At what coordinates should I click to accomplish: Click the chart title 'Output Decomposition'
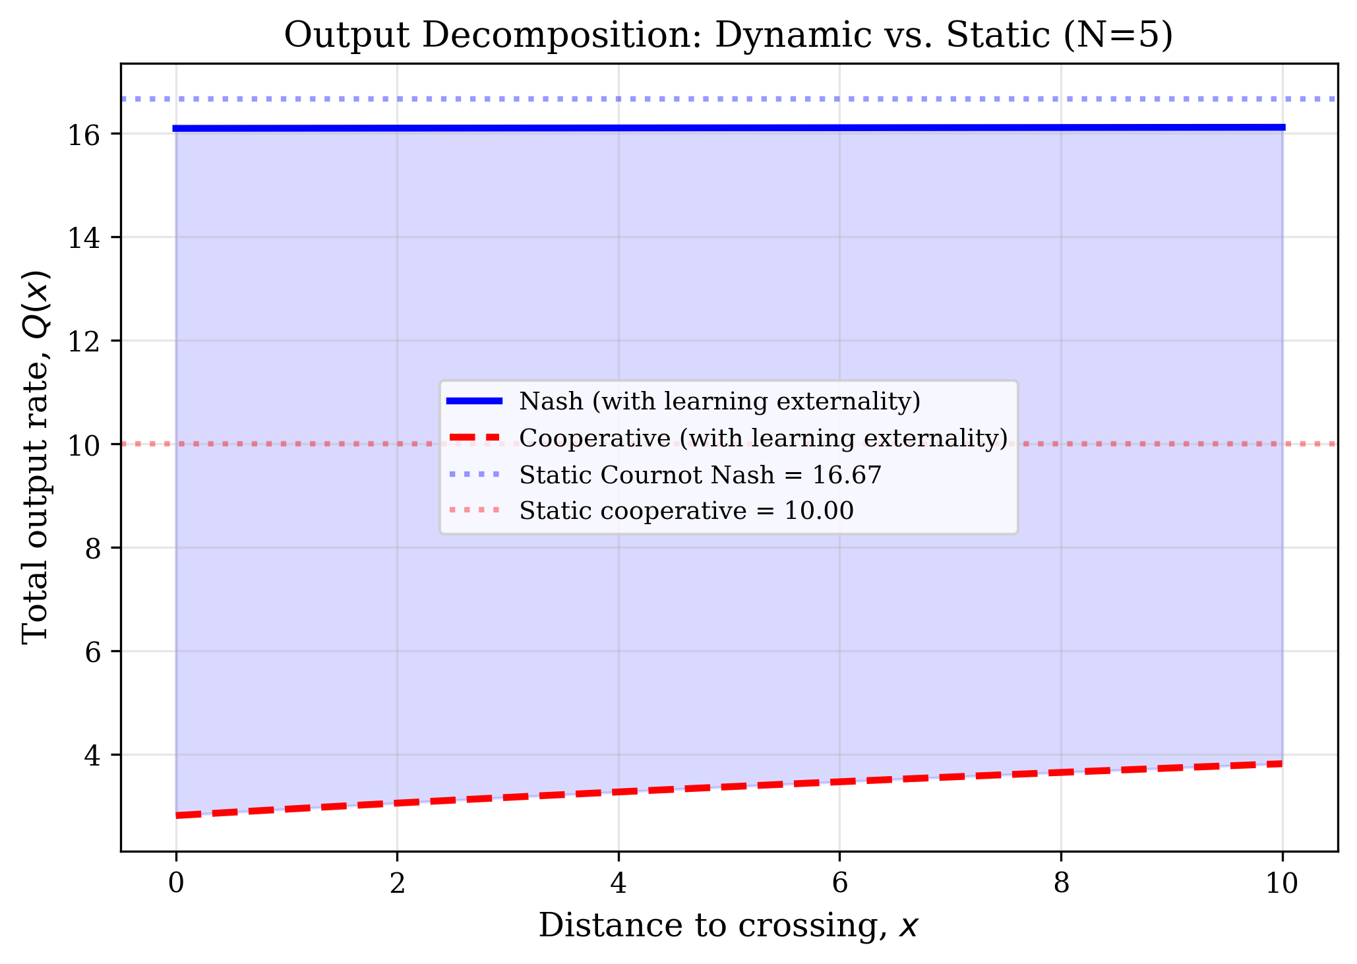pyautogui.click(x=728, y=36)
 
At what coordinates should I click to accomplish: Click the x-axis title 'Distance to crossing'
pyautogui.click(x=728, y=925)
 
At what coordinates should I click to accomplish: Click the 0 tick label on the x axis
pyautogui.click(x=176, y=883)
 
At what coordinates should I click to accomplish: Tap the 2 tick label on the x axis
pyautogui.click(x=397, y=883)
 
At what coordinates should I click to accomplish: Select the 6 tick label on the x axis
pyautogui.click(x=839, y=883)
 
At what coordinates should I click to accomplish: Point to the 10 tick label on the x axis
pyautogui.click(x=1282, y=883)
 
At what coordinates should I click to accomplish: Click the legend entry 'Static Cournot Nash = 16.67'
pyautogui.click(x=700, y=475)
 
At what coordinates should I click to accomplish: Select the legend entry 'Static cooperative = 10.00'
pyautogui.click(x=686, y=511)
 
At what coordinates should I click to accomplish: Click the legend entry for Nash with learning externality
pyautogui.click(x=719, y=402)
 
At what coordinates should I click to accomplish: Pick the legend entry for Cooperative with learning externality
pyautogui.click(x=764, y=438)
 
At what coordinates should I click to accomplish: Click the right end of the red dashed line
pyautogui.click(x=1281, y=764)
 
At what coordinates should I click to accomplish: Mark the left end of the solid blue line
pyautogui.click(x=175, y=129)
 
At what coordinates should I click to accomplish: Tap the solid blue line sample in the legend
pyautogui.click(x=475, y=401)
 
